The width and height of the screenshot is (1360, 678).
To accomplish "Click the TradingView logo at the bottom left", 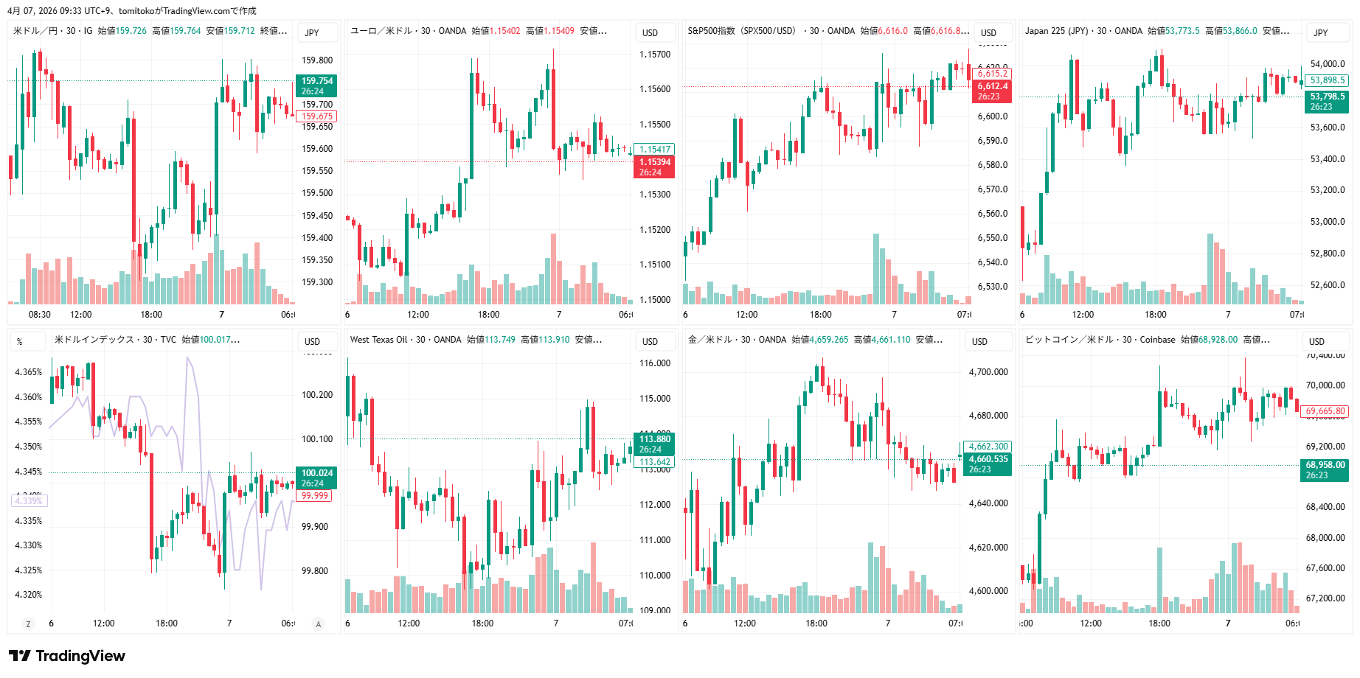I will (67, 656).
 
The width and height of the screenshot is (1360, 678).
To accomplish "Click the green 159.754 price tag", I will (316, 86).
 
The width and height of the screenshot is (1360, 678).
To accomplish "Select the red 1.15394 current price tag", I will (654, 167).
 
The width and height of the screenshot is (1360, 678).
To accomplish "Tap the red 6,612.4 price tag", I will (992, 91).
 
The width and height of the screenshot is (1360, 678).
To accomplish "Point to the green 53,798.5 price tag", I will (1327, 102).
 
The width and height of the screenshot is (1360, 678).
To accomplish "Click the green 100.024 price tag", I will (316, 478).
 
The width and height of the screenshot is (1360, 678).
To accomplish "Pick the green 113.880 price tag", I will (654, 444).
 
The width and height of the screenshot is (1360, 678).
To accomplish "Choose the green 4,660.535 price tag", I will (988, 464).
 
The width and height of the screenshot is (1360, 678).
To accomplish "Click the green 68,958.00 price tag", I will (1325, 470).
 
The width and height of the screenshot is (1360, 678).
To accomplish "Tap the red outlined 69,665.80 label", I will (1325, 411).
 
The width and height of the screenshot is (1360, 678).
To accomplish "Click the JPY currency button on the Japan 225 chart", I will (1320, 32).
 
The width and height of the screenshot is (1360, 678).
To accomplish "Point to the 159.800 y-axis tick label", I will (316, 60).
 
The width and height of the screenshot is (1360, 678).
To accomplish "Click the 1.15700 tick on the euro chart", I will (654, 55).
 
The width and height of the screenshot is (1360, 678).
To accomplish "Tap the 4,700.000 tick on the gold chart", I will (988, 372).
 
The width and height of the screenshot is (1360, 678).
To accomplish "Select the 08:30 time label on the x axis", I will (40, 315).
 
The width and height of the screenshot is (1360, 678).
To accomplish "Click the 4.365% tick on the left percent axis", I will (29, 372).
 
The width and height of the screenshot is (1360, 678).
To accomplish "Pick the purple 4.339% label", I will (29, 501).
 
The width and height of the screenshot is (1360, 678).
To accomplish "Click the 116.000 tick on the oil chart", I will (654, 363).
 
